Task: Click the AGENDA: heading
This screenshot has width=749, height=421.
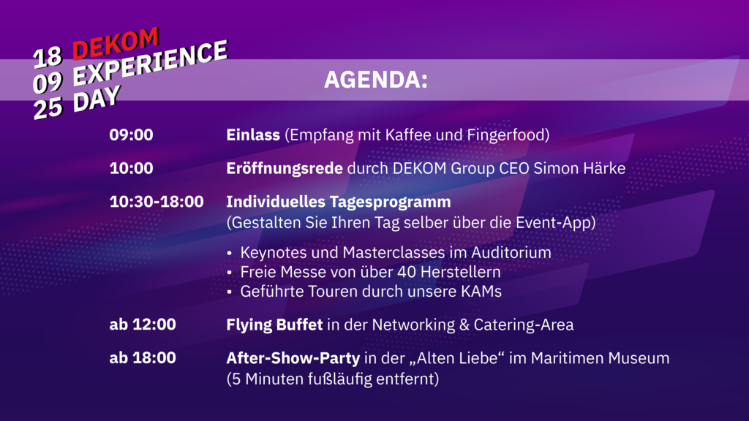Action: tap(376, 80)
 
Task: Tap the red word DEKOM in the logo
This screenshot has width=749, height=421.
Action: tap(115, 43)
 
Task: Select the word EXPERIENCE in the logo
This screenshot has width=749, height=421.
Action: tap(151, 63)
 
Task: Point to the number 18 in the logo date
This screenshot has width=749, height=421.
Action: tap(48, 57)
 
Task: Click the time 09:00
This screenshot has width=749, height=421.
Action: tap(132, 135)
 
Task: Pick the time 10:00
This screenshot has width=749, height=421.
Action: tap(132, 169)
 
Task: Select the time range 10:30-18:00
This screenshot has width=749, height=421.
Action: tap(157, 202)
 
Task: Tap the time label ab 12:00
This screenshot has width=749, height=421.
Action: tap(143, 325)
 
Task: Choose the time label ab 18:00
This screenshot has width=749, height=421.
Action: tap(143, 358)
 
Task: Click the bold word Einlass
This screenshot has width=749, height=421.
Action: tap(253, 135)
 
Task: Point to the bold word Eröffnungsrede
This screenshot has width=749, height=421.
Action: tap(285, 169)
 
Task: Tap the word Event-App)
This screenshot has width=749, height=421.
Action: tap(556, 223)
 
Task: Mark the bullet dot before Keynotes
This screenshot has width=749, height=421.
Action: tap(230, 253)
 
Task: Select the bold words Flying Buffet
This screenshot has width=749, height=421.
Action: tap(275, 325)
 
